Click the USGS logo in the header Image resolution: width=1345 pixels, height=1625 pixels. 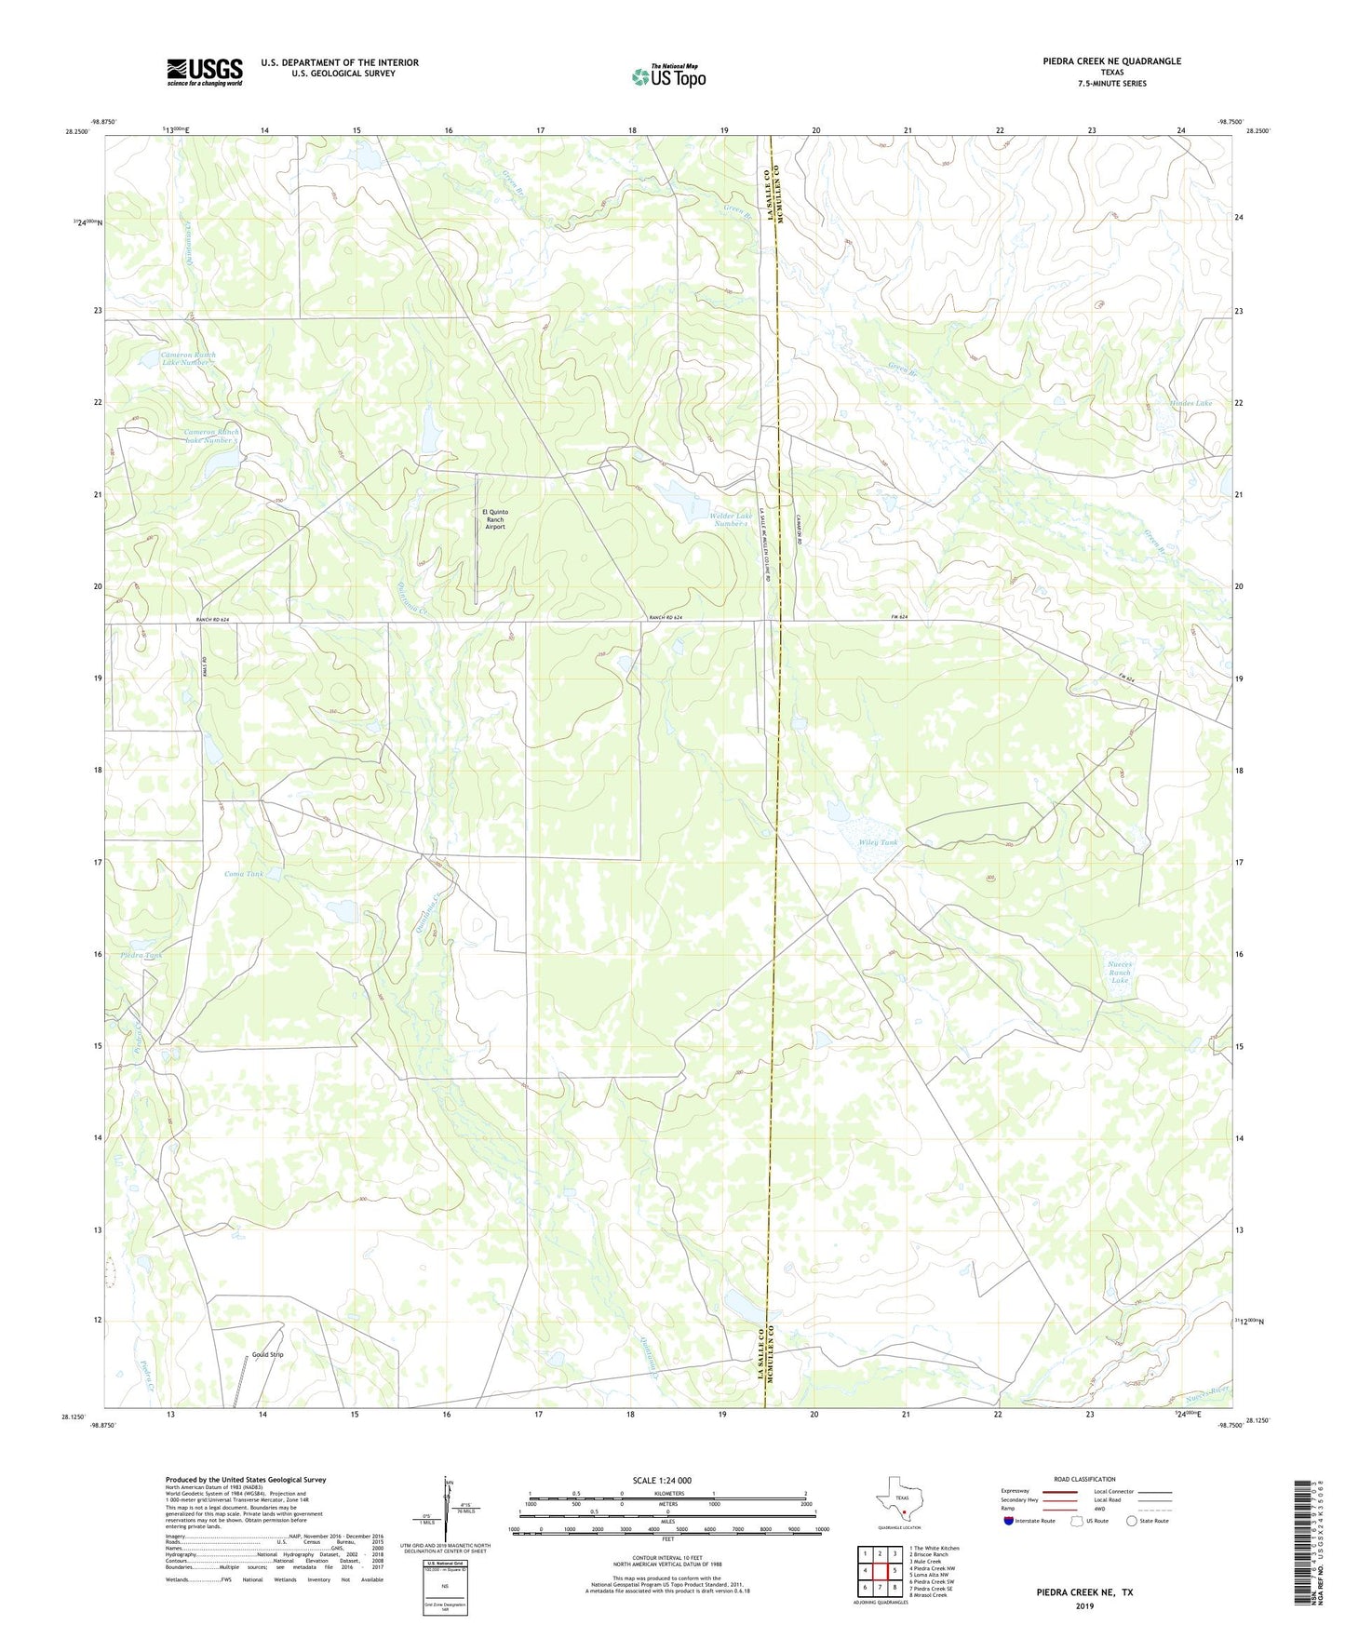tap(204, 72)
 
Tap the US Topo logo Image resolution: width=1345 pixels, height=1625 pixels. tap(668, 76)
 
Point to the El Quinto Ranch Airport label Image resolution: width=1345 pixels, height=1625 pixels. tap(494, 519)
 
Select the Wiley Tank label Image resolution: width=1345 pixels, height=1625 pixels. tap(878, 842)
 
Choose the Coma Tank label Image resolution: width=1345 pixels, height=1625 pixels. tap(244, 874)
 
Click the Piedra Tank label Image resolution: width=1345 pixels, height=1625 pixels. tap(141, 956)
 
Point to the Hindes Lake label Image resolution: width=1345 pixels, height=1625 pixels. tap(1190, 403)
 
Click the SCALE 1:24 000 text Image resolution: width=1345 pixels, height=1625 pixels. tap(662, 1480)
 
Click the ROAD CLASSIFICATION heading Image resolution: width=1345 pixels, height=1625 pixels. tap(1083, 1479)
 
